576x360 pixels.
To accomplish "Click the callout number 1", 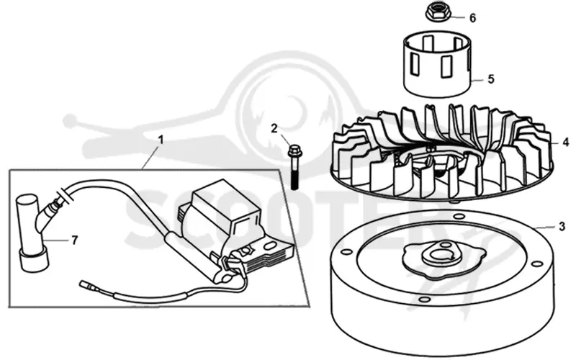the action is (x=160, y=140).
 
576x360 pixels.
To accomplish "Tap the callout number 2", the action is (x=274, y=128).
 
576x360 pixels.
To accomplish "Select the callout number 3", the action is (x=562, y=227).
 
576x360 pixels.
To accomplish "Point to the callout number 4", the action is (x=566, y=142).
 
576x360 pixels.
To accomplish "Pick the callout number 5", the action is (x=491, y=79).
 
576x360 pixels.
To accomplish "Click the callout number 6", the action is (x=473, y=18).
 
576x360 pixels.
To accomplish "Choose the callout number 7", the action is (x=75, y=240).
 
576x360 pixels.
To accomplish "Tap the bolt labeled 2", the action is (x=294, y=167).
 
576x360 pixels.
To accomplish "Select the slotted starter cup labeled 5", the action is (x=437, y=65).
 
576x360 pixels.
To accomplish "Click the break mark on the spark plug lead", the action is (x=66, y=195).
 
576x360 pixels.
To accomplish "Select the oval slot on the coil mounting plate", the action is (x=271, y=246).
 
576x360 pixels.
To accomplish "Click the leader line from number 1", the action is (x=150, y=157).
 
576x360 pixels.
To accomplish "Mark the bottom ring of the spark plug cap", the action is (x=34, y=261).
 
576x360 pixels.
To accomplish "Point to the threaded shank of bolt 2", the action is (x=294, y=177).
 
